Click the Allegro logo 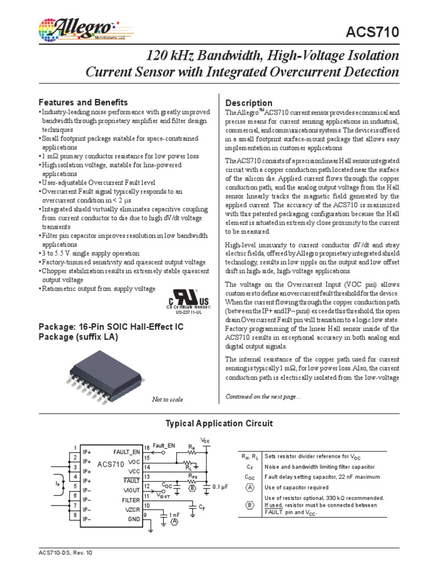pyautogui.click(x=77, y=27)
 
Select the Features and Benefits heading pyautogui.click(x=83, y=102)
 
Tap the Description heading pyautogui.click(x=249, y=103)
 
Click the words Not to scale pyautogui.click(x=168, y=399)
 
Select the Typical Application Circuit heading pyautogui.click(x=219, y=423)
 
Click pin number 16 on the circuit pyautogui.click(x=147, y=447)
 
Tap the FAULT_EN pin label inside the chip pyautogui.click(x=126, y=451)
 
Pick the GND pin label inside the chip pyautogui.click(x=133, y=519)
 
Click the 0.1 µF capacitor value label pyautogui.click(x=220, y=487)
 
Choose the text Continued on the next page pyautogui.click(x=263, y=396)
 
